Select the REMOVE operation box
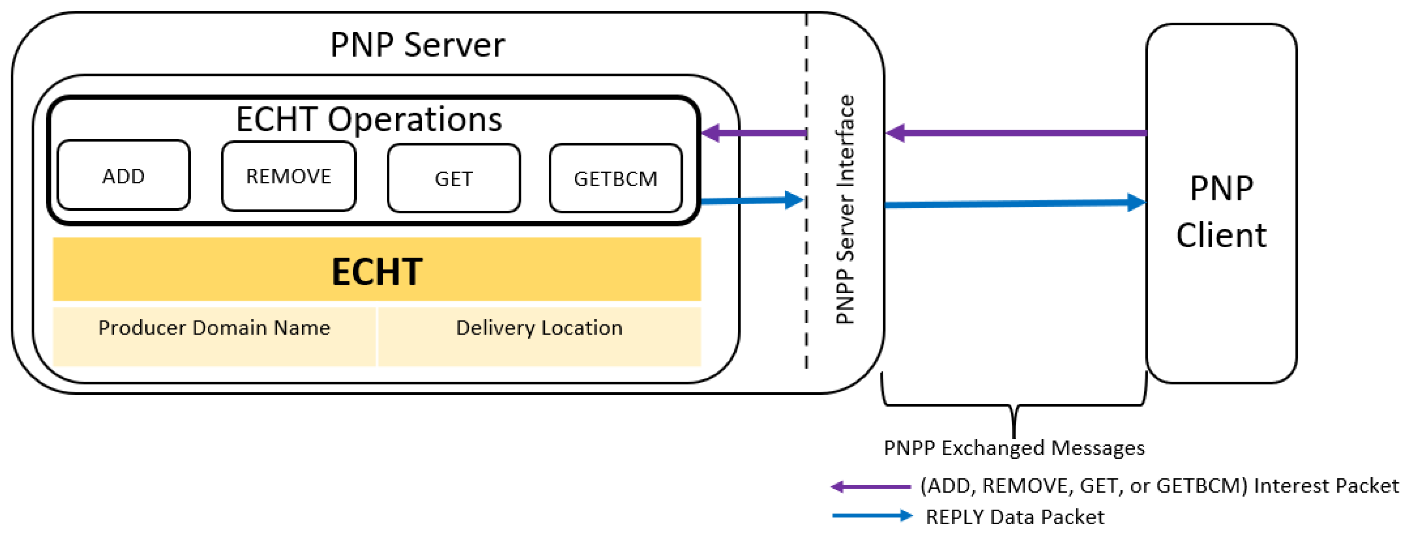click(x=288, y=176)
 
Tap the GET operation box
click(x=453, y=179)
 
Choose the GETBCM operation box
click(x=616, y=179)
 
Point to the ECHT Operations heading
click(x=369, y=119)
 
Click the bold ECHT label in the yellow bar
click(x=377, y=272)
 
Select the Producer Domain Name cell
click(x=214, y=328)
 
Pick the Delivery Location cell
click(x=539, y=328)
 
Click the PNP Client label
click(x=1221, y=212)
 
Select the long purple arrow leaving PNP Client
click(x=1016, y=133)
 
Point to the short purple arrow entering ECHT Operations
click(x=754, y=133)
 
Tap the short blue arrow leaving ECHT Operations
click(x=751, y=201)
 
